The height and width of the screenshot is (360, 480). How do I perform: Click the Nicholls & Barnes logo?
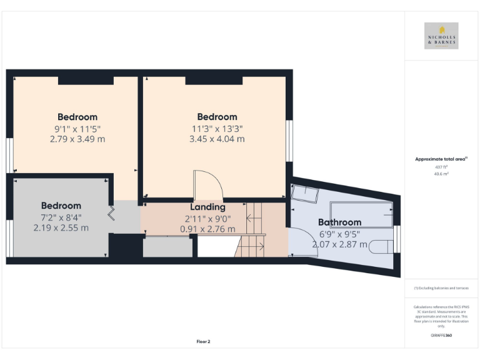tap(441, 36)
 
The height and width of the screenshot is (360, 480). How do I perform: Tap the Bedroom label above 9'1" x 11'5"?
tap(77, 117)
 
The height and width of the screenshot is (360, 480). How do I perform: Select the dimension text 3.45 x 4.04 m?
tap(217, 139)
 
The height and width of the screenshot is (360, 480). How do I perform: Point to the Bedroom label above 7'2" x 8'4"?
tap(61, 206)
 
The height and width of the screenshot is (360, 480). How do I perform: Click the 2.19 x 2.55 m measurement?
tap(61, 228)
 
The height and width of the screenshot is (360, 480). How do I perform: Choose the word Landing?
tap(207, 207)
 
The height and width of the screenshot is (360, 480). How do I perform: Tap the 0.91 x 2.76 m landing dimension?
tap(207, 229)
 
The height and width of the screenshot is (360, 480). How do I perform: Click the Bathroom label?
tap(339, 222)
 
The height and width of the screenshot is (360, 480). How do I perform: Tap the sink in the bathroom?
tap(306, 193)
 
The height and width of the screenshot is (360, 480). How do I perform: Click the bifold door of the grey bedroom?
tap(111, 214)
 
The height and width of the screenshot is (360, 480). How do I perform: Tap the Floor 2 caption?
tap(203, 342)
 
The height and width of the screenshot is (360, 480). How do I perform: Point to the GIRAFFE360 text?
tap(441, 336)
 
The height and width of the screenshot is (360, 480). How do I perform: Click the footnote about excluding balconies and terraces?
tap(441, 288)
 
